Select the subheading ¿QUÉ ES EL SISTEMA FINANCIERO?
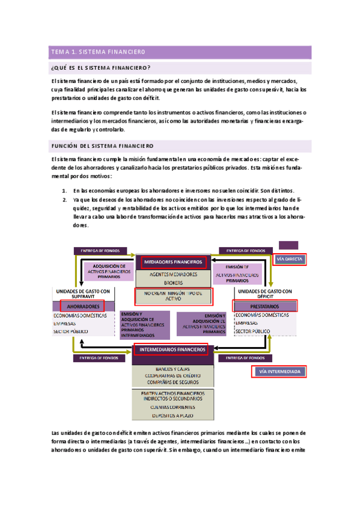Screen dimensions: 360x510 pos(101,67)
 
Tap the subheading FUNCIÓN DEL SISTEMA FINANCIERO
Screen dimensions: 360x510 pos(102,146)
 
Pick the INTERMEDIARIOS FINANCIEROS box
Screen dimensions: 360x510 pos(171,349)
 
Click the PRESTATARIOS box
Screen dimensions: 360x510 pos(264,306)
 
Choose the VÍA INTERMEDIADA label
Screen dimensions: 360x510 pos(280,372)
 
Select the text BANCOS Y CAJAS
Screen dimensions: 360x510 pos(172,367)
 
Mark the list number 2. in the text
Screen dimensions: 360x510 pos(64,199)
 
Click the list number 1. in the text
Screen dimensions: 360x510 pos(64,191)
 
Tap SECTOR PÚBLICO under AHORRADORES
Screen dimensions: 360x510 pos(70,331)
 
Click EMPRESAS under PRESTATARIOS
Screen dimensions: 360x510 pos(248,323)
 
